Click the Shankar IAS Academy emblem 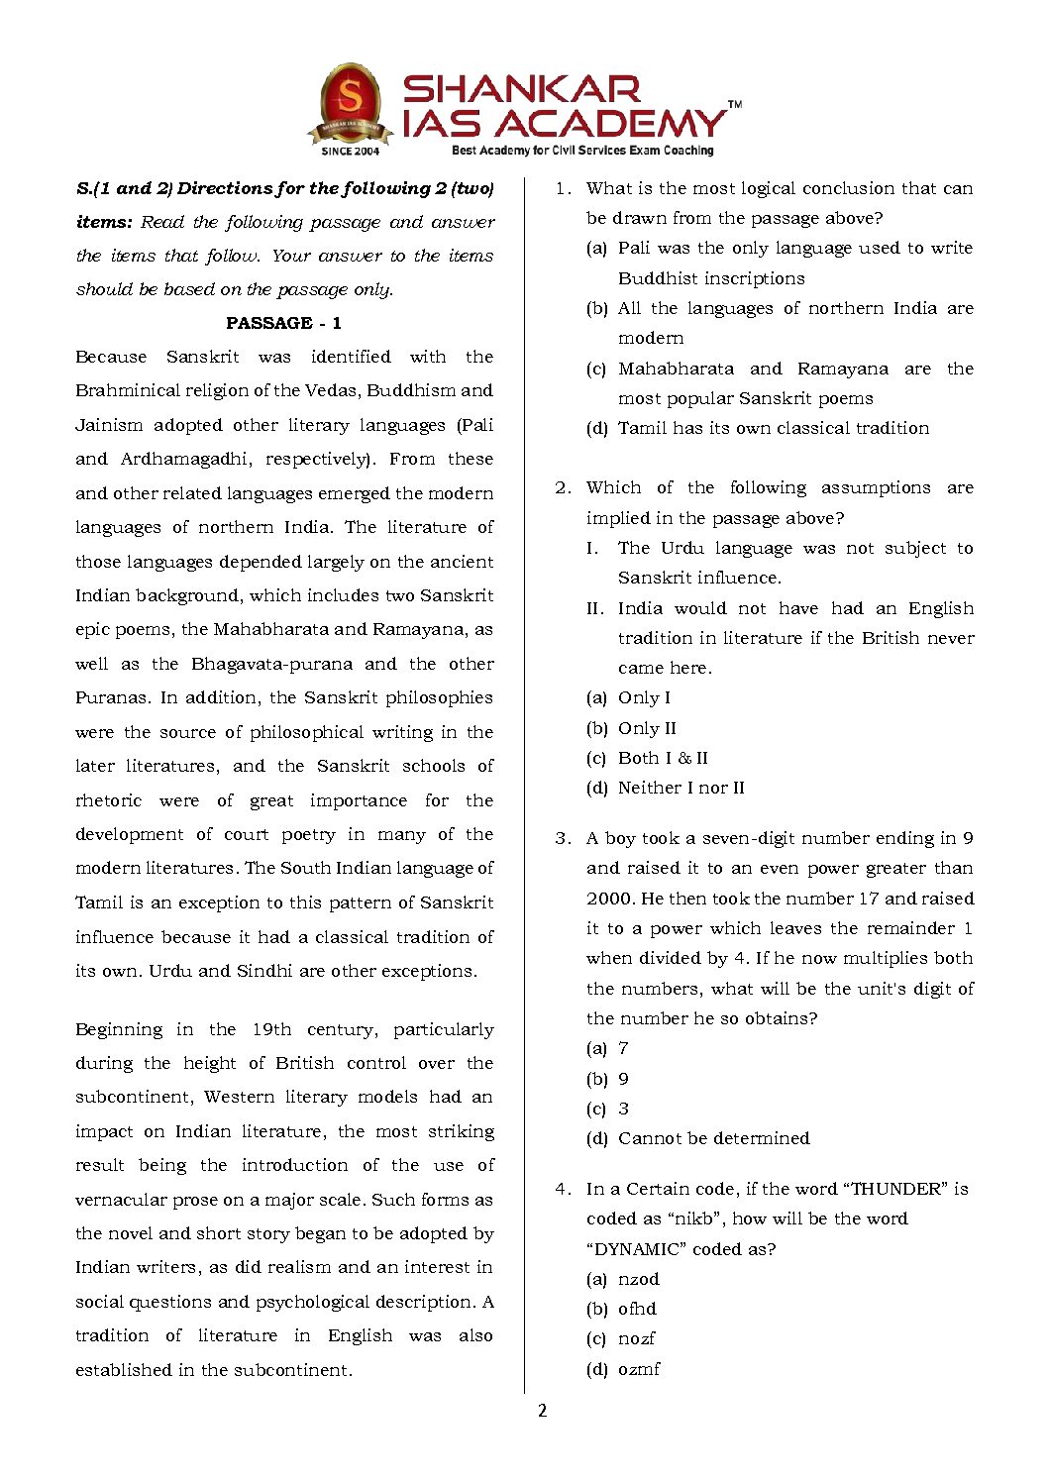coord(351,103)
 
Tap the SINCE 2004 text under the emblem coord(350,152)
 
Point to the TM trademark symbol coord(734,104)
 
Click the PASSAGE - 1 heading coord(283,323)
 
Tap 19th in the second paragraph coord(271,1029)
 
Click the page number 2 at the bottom coord(542,1411)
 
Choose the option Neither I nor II coord(681,788)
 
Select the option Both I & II coord(663,758)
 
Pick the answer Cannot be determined coord(713,1138)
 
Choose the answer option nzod coord(638,1279)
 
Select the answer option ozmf coord(639,1369)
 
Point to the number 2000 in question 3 coord(609,899)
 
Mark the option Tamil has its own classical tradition coord(773,428)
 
